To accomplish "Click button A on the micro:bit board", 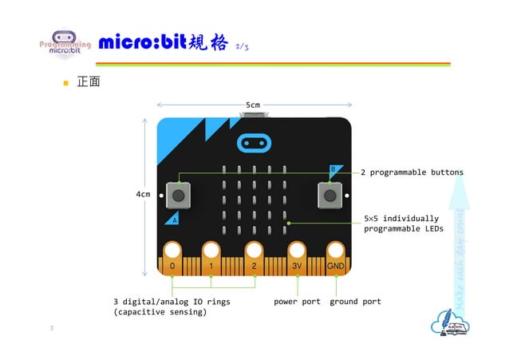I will [x=180, y=194].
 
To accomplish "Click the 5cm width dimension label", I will [x=253, y=105].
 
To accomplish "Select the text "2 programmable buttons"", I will [x=412, y=172].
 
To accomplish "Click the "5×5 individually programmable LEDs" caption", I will [x=403, y=224].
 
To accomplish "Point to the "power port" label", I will [x=297, y=302].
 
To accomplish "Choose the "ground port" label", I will [x=355, y=302].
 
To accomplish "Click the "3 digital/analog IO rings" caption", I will [x=171, y=307].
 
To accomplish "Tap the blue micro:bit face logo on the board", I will [x=254, y=143].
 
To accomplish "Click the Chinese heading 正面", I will [x=88, y=81].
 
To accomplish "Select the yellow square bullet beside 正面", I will [x=67, y=82].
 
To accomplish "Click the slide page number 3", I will [x=52, y=329].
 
